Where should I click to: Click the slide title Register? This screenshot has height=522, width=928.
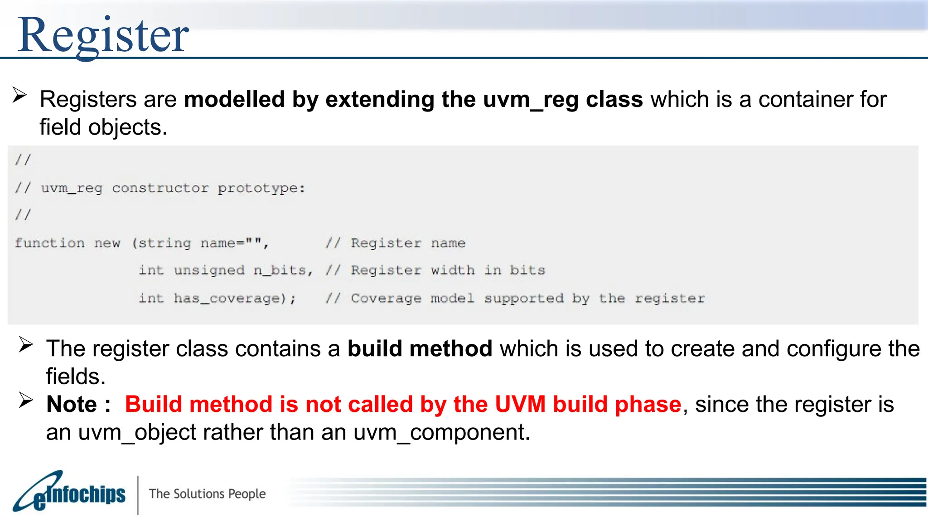pyautogui.click(x=103, y=35)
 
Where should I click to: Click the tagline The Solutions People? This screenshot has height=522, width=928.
pyautogui.click(x=207, y=493)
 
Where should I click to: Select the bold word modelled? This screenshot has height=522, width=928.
pyautogui.click(x=234, y=99)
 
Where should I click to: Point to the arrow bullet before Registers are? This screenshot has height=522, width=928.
pyautogui.click(x=19, y=95)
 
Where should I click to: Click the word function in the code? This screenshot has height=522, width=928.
pyautogui.click(x=49, y=243)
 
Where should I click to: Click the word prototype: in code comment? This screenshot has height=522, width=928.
pyautogui.click(x=261, y=188)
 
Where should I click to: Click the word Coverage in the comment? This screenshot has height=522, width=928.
pyautogui.click(x=386, y=299)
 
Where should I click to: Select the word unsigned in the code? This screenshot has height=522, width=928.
pyautogui.click(x=209, y=271)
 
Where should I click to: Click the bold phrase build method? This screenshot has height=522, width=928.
pyautogui.click(x=420, y=349)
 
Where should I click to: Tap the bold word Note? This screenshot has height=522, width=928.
pyautogui.click(x=72, y=404)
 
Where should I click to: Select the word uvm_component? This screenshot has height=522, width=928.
pyautogui.click(x=441, y=432)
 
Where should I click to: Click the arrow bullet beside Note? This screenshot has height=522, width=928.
pyautogui.click(x=26, y=400)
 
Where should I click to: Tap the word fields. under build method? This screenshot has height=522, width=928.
pyautogui.click(x=76, y=377)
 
